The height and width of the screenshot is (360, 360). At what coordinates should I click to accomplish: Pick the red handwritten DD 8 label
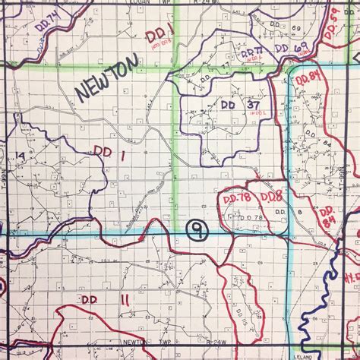[271, 199]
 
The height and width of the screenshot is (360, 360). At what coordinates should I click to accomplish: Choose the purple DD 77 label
[253, 54]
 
